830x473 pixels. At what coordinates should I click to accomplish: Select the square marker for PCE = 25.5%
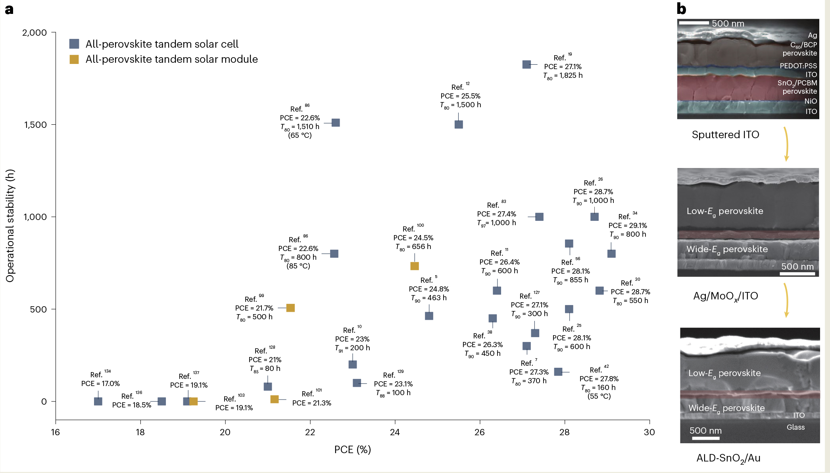[459, 124]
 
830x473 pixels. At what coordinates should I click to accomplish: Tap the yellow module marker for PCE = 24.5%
[415, 266]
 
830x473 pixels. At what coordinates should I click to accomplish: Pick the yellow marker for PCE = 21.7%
[290, 308]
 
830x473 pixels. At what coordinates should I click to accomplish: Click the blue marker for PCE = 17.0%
[98, 401]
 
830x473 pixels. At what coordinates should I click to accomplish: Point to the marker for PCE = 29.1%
[611, 253]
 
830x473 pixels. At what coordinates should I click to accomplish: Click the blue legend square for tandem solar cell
[74, 44]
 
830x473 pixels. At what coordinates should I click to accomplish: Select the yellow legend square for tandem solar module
[74, 59]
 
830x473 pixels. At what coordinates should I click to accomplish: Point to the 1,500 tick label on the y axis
[35, 125]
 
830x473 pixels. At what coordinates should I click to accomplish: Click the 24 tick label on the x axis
[395, 432]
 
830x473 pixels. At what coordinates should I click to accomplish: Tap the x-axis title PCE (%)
[352, 450]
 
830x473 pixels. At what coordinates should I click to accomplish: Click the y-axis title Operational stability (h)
[10, 226]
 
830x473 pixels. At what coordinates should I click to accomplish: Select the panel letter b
[681, 9]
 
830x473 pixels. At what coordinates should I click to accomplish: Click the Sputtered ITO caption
[725, 135]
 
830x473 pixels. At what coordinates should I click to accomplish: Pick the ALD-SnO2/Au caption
[728, 458]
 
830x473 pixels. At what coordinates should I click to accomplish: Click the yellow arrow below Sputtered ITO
[786, 144]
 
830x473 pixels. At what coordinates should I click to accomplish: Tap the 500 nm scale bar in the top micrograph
[694, 23]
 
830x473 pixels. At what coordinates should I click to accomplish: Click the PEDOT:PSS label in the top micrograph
[798, 66]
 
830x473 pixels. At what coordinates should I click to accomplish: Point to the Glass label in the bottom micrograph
[795, 427]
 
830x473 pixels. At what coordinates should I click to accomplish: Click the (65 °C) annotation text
[300, 135]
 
